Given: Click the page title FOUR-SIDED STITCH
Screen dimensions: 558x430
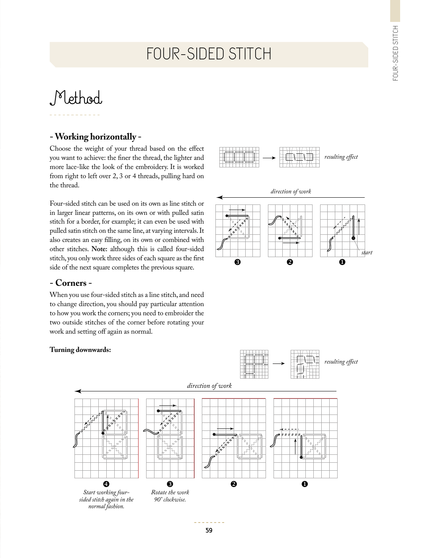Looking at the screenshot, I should [x=209, y=54].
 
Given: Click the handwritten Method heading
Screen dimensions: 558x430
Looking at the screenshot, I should [x=76, y=98].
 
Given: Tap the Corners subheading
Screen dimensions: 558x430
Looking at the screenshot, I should [x=71, y=283].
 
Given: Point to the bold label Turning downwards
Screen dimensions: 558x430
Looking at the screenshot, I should [x=80, y=350].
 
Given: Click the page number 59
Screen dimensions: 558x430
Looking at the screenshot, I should [x=209, y=530].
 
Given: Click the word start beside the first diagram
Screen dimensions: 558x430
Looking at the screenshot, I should [x=367, y=252].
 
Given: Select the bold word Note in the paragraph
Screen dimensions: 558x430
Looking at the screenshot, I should [x=99, y=249].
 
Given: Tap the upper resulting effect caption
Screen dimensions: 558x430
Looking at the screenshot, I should [x=341, y=157].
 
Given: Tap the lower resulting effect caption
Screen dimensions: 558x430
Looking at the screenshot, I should [x=341, y=362].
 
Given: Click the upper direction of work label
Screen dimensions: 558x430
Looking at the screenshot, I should [x=291, y=191].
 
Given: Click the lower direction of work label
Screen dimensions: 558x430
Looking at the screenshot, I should [x=209, y=385].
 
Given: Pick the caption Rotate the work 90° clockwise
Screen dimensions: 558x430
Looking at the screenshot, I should [x=170, y=496].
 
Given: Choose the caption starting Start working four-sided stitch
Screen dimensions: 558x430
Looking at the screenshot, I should [x=106, y=499].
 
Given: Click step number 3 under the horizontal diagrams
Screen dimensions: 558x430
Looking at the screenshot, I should [x=237, y=262].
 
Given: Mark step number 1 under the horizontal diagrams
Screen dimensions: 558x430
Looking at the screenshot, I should [x=342, y=262].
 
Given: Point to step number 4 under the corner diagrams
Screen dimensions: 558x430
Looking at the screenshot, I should [x=106, y=484].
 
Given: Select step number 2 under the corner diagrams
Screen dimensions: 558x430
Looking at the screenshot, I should [x=234, y=484].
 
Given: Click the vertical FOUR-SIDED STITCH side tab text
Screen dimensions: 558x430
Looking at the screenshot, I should [x=395, y=53].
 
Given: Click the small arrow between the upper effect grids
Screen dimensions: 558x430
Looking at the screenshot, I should [x=269, y=158].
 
